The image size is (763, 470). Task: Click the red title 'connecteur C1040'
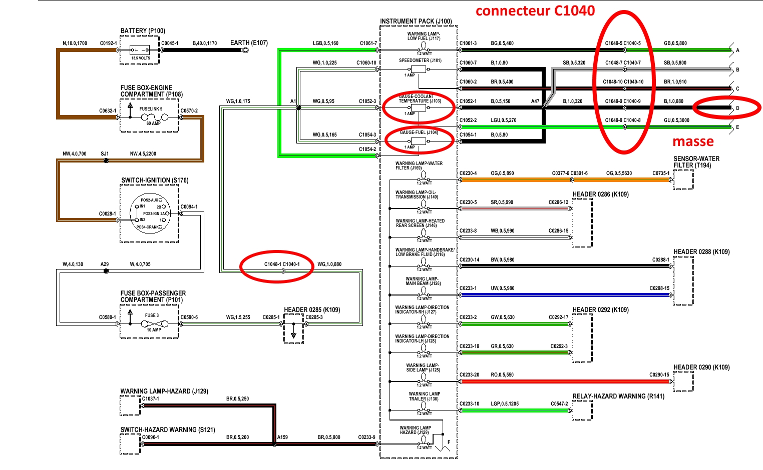point(535,11)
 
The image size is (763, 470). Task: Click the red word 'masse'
point(693,142)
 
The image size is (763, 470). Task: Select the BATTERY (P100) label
point(143,31)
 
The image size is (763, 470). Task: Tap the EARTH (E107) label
point(249,43)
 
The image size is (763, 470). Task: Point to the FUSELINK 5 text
point(151,109)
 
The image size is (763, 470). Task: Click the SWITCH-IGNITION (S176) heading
point(155,180)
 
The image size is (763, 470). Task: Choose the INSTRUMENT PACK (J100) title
point(416,21)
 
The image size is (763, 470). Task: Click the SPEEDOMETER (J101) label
point(420,60)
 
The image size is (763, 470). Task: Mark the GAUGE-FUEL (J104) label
point(419,132)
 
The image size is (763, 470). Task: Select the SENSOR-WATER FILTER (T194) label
point(696,162)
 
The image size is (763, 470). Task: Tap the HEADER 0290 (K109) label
point(701,367)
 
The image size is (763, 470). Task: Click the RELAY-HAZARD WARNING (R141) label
point(618,396)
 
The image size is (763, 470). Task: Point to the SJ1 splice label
point(105,154)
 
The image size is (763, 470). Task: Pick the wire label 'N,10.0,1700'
point(75,43)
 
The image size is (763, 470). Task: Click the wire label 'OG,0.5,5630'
point(619,173)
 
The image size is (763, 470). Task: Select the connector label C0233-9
point(366,437)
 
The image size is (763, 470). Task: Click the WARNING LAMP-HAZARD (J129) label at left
point(164,391)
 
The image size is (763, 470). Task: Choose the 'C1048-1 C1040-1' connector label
point(282,264)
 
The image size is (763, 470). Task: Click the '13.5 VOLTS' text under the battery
point(141,58)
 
